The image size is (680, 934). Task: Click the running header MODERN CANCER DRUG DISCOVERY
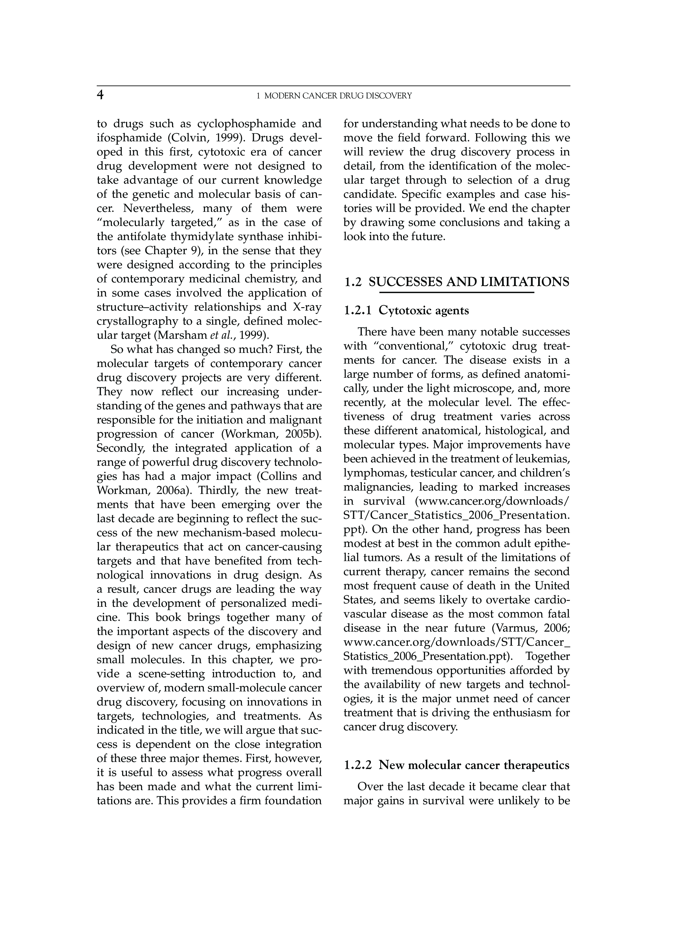coord(338,96)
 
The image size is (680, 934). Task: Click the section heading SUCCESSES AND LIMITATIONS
coord(469,282)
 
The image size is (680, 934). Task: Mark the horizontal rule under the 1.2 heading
coord(457,293)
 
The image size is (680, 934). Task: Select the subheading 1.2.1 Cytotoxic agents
coord(406,311)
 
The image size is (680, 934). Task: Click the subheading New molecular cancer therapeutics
coord(474,765)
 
